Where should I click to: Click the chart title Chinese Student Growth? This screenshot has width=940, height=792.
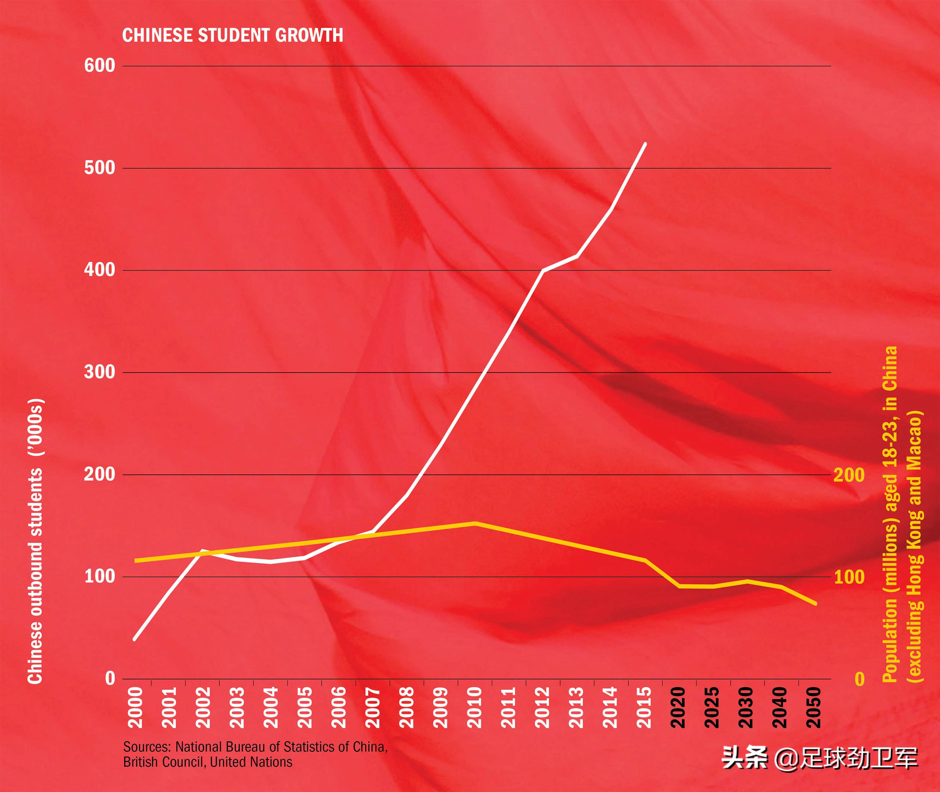click(x=233, y=35)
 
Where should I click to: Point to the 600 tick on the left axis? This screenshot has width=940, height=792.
click(x=100, y=65)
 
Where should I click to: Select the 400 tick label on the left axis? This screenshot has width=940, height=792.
click(x=100, y=270)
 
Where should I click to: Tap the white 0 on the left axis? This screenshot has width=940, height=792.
click(x=110, y=678)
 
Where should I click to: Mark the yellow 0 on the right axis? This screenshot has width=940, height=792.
click(x=859, y=679)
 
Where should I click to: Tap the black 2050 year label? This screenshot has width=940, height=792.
click(x=814, y=707)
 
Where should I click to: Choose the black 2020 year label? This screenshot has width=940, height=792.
click(x=678, y=707)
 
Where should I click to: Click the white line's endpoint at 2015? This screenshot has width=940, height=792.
click(x=645, y=144)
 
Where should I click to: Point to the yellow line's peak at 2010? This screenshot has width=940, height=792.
click(x=475, y=523)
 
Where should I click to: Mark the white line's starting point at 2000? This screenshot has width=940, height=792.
click(x=134, y=639)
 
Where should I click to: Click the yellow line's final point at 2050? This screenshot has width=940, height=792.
click(x=815, y=604)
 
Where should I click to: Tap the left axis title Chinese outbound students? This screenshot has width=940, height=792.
click(x=36, y=541)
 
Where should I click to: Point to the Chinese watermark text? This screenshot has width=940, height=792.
click(x=820, y=759)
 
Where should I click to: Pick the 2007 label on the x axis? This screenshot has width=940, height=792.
click(x=373, y=707)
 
